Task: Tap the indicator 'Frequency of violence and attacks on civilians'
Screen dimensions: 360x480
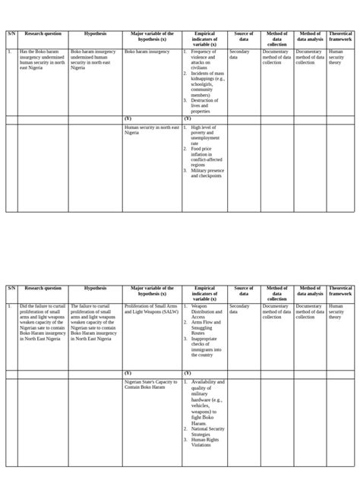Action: coord(204,59)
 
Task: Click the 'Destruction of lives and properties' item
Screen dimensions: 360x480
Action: coord(204,106)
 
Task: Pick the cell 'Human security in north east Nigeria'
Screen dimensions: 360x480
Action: coord(152,130)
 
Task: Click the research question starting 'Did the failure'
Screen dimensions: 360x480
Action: coord(43,323)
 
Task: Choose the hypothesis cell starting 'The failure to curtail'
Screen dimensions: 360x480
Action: coord(94,323)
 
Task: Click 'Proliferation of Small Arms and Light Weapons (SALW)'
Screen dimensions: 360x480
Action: coord(152,309)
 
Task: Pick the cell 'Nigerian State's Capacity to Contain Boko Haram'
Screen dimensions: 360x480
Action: coord(151,385)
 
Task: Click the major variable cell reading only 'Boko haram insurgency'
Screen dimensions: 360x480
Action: coord(147,52)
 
